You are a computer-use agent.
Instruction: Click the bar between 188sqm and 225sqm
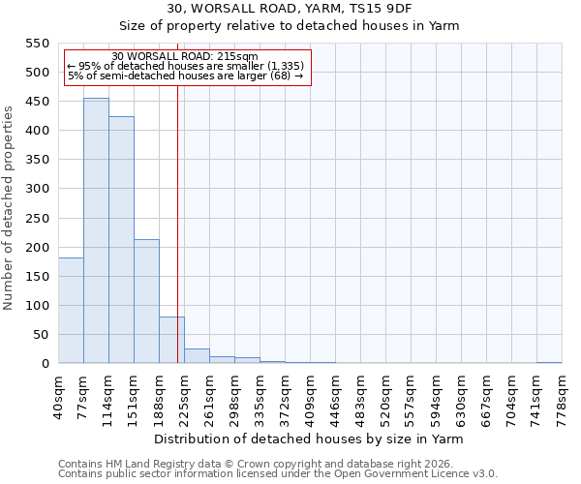pyautogui.click(x=171, y=340)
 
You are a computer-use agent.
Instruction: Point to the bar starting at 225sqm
pyautogui.click(x=197, y=356)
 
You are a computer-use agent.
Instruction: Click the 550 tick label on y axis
pyautogui.click(x=38, y=44)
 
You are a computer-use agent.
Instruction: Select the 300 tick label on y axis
pyautogui.click(x=38, y=189)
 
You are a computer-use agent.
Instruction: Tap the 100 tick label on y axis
pyautogui.click(x=38, y=306)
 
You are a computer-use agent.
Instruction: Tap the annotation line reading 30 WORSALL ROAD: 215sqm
pyautogui.click(x=185, y=57)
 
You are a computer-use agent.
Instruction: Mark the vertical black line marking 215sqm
pyautogui.click(x=177, y=223)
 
